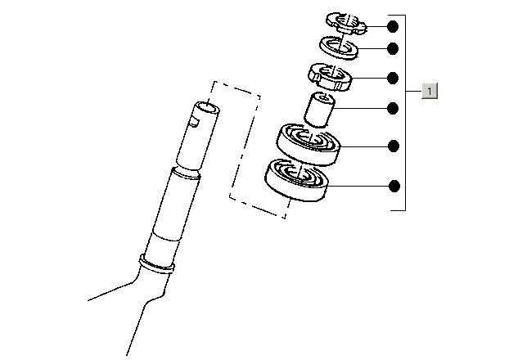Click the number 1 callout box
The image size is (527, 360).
430,91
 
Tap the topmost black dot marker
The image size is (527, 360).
393,26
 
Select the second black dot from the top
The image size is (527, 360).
393,49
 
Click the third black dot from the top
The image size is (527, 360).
393,79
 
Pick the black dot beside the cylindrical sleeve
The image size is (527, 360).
393,109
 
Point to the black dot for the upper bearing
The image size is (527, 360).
394,146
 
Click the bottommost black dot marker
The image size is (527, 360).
394,186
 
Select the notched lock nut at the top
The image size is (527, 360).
346,23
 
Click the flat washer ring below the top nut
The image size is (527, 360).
339,47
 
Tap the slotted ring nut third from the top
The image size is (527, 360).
330,77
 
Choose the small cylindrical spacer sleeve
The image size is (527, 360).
319,110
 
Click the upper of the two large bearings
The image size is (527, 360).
309,145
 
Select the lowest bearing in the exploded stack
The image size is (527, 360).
296,180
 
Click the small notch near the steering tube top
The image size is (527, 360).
194,121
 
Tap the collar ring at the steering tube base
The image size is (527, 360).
157,264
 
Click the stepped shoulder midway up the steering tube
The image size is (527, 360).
186,173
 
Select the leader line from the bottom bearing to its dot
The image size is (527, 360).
358,186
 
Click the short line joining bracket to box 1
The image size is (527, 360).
414,91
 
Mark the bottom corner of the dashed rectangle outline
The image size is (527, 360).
285,218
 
